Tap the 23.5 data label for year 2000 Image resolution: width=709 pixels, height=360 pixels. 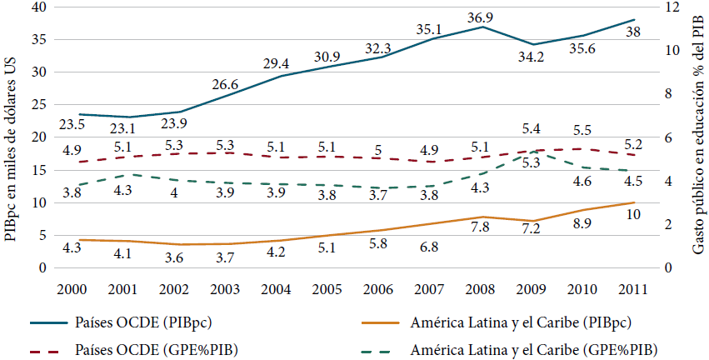pos(72,125)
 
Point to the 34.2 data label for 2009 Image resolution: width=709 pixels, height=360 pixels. pos(534,57)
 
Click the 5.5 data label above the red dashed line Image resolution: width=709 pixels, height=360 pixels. pos(582,131)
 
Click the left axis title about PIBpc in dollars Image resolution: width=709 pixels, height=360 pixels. pos(11,137)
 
